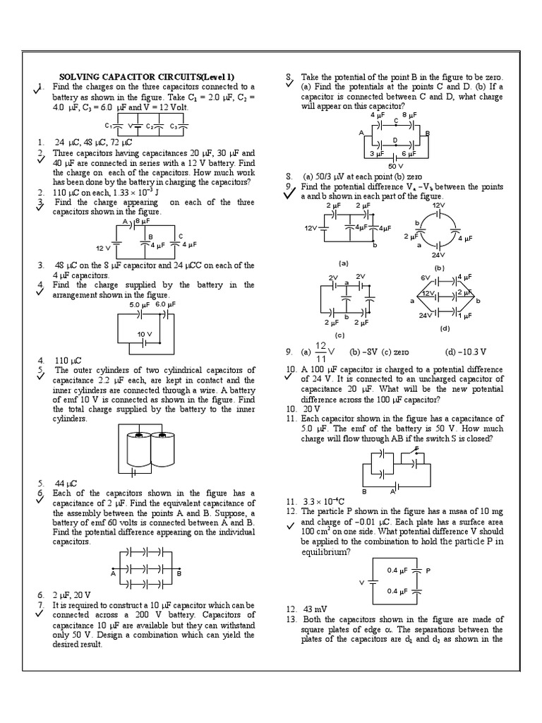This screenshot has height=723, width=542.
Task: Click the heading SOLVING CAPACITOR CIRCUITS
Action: point(147,76)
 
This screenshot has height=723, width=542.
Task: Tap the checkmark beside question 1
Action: point(38,88)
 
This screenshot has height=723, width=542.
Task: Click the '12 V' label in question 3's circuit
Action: point(103,249)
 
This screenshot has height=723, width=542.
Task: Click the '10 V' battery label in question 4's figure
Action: point(145,334)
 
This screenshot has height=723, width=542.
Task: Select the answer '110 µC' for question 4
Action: point(67,359)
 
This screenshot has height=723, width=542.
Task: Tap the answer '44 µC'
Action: point(65,483)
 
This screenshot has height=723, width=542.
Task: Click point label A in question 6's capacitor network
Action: point(113,574)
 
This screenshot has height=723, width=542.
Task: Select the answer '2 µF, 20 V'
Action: point(74,595)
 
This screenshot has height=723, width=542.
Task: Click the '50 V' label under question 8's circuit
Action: point(397,165)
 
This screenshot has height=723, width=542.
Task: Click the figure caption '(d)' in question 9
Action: point(445,328)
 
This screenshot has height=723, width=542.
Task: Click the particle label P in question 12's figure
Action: point(428,569)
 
